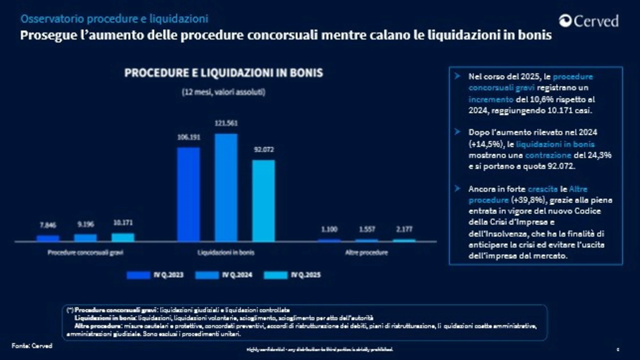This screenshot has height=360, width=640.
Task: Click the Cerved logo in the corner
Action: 589,21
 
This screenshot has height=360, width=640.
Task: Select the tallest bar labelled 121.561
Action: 226,187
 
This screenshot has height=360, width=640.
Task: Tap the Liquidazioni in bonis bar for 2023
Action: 188,194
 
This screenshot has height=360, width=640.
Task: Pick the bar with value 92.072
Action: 263,201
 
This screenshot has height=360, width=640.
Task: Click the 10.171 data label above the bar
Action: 123,223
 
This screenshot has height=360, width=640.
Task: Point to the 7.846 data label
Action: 48,225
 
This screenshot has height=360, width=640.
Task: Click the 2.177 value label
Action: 404,229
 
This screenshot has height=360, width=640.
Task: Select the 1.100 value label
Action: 329,229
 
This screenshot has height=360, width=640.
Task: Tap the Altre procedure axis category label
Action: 366,253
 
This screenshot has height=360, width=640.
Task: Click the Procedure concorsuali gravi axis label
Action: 85,253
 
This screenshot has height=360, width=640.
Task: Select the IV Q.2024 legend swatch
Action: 207,275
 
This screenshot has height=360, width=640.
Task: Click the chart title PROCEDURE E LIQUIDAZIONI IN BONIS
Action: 224,73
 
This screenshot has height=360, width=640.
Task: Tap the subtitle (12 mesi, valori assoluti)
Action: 224,92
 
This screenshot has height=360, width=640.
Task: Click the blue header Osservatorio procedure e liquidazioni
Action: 114,19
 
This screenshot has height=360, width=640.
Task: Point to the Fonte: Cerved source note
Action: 32,346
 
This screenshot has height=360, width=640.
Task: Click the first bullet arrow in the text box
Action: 458,76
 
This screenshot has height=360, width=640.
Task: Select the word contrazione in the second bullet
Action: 548,156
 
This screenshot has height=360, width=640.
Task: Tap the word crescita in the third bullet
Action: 542,189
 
